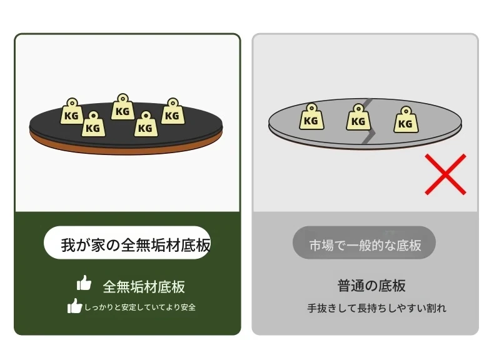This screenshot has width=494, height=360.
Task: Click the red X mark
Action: pyautogui.click(x=445, y=174)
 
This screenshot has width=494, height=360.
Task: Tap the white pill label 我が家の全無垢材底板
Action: pyautogui.click(x=128, y=243)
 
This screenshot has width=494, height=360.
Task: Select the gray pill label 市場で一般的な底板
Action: pyautogui.click(x=364, y=242)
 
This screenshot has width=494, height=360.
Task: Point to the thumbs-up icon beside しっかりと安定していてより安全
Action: pyautogui.click(x=74, y=306)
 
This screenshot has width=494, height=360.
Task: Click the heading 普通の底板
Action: pyautogui.click(x=371, y=286)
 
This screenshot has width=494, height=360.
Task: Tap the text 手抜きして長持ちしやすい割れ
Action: pyautogui.click(x=377, y=307)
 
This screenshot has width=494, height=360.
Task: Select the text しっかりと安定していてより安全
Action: pyautogui.click(x=140, y=307)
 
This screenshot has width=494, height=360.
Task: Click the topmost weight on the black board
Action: pyautogui.click(x=123, y=107)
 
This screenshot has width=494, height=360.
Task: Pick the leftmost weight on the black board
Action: pyautogui.click(x=72, y=111)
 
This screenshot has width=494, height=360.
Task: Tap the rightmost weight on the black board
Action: pyautogui.click(x=173, y=111)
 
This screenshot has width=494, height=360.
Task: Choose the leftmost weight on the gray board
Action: pyautogui.click(x=311, y=116)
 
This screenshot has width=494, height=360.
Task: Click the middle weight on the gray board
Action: pyautogui.click(x=358, y=117)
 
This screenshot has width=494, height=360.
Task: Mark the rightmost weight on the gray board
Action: pyautogui.click(x=406, y=119)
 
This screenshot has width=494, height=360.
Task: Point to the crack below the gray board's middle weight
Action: pyautogui.click(x=369, y=136)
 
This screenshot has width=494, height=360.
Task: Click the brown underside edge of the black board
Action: pyautogui.click(x=126, y=149)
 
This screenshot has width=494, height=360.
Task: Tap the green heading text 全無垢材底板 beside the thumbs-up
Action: pyautogui.click(x=144, y=287)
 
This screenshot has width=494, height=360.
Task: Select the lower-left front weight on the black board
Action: pyautogui.click(x=93, y=124)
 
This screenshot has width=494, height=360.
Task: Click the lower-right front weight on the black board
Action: pyautogui.click(x=146, y=124)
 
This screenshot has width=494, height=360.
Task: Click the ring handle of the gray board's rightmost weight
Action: pyautogui.click(x=406, y=111)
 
